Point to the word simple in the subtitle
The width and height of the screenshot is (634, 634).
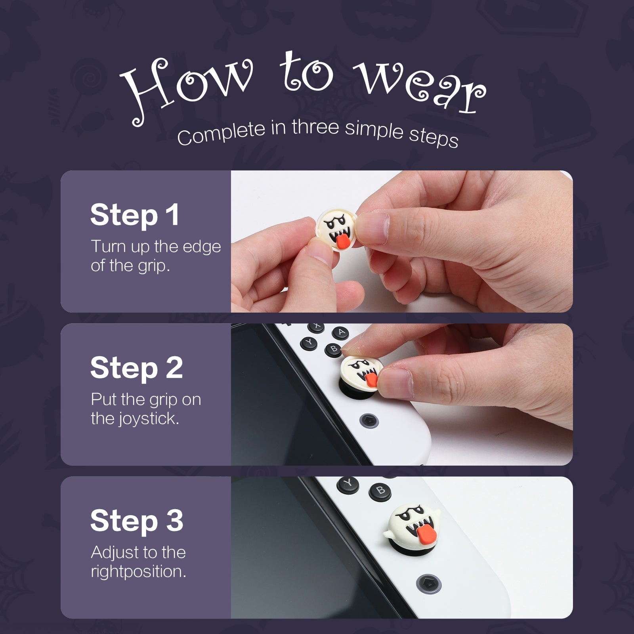tap(374, 129)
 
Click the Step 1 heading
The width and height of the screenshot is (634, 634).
tap(135, 215)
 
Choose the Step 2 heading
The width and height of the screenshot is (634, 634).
tap(137, 368)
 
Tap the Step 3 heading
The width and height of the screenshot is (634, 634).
tap(137, 521)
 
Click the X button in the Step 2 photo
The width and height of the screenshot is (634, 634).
tap(316, 327)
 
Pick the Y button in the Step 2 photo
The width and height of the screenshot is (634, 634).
tap(309, 343)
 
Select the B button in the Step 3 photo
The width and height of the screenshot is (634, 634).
tap(380, 491)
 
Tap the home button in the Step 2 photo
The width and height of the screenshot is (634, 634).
tap(369, 420)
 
